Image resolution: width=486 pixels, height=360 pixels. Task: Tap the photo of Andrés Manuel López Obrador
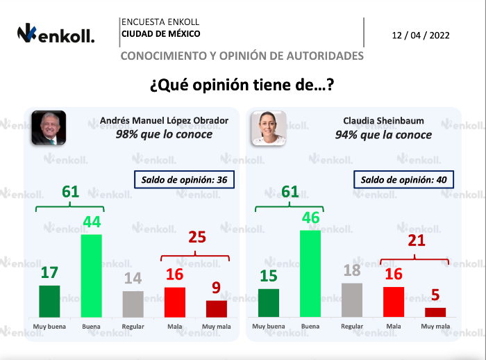click(x=48, y=127)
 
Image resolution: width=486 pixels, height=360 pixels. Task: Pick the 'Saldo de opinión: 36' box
click(x=184, y=180)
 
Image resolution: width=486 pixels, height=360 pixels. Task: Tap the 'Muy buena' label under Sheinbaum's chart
click(x=269, y=326)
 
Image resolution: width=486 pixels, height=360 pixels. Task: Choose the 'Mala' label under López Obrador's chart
click(x=174, y=326)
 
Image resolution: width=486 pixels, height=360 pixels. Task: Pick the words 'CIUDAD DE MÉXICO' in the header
click(x=160, y=33)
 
